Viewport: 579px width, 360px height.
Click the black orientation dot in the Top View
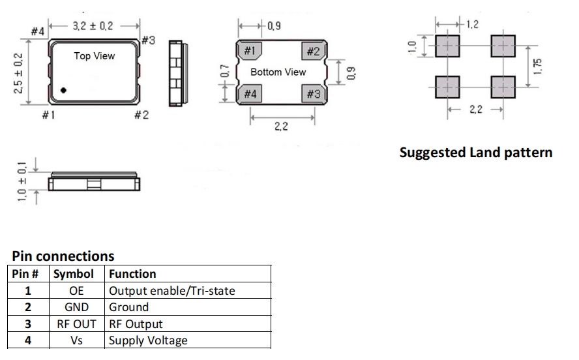click(64, 90)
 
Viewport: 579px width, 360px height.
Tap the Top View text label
click(95, 56)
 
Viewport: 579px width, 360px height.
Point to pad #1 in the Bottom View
click(250, 52)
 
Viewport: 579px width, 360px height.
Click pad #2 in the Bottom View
click(313, 52)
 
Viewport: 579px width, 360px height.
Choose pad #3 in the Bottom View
click(313, 94)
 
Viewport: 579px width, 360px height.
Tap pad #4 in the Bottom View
click(250, 94)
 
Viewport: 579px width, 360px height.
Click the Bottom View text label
click(278, 72)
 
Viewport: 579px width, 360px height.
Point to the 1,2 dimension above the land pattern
click(471, 25)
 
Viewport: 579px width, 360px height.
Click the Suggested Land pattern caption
click(475, 153)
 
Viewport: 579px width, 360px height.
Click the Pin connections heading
click(63, 256)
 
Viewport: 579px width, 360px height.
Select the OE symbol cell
click(76, 290)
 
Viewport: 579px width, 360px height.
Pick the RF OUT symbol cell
click(76, 323)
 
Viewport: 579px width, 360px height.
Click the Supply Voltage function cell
click(148, 340)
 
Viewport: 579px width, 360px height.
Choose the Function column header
click(132, 274)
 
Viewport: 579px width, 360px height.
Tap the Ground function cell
click(129, 307)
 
